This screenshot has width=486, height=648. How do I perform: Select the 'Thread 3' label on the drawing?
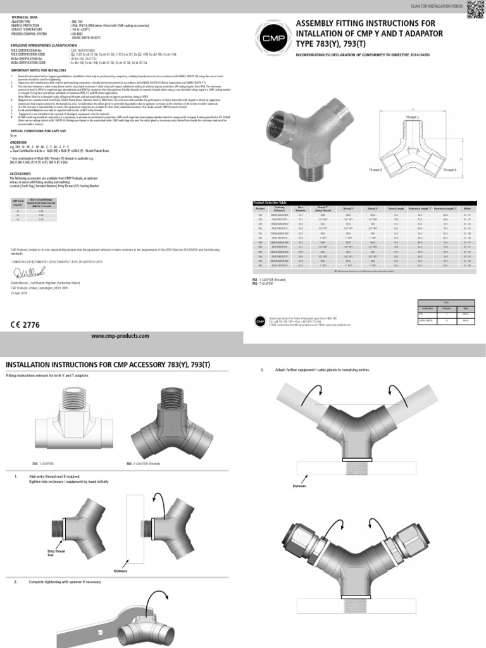tap(449, 170)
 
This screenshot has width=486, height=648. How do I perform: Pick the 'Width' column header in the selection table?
tap(468, 207)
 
